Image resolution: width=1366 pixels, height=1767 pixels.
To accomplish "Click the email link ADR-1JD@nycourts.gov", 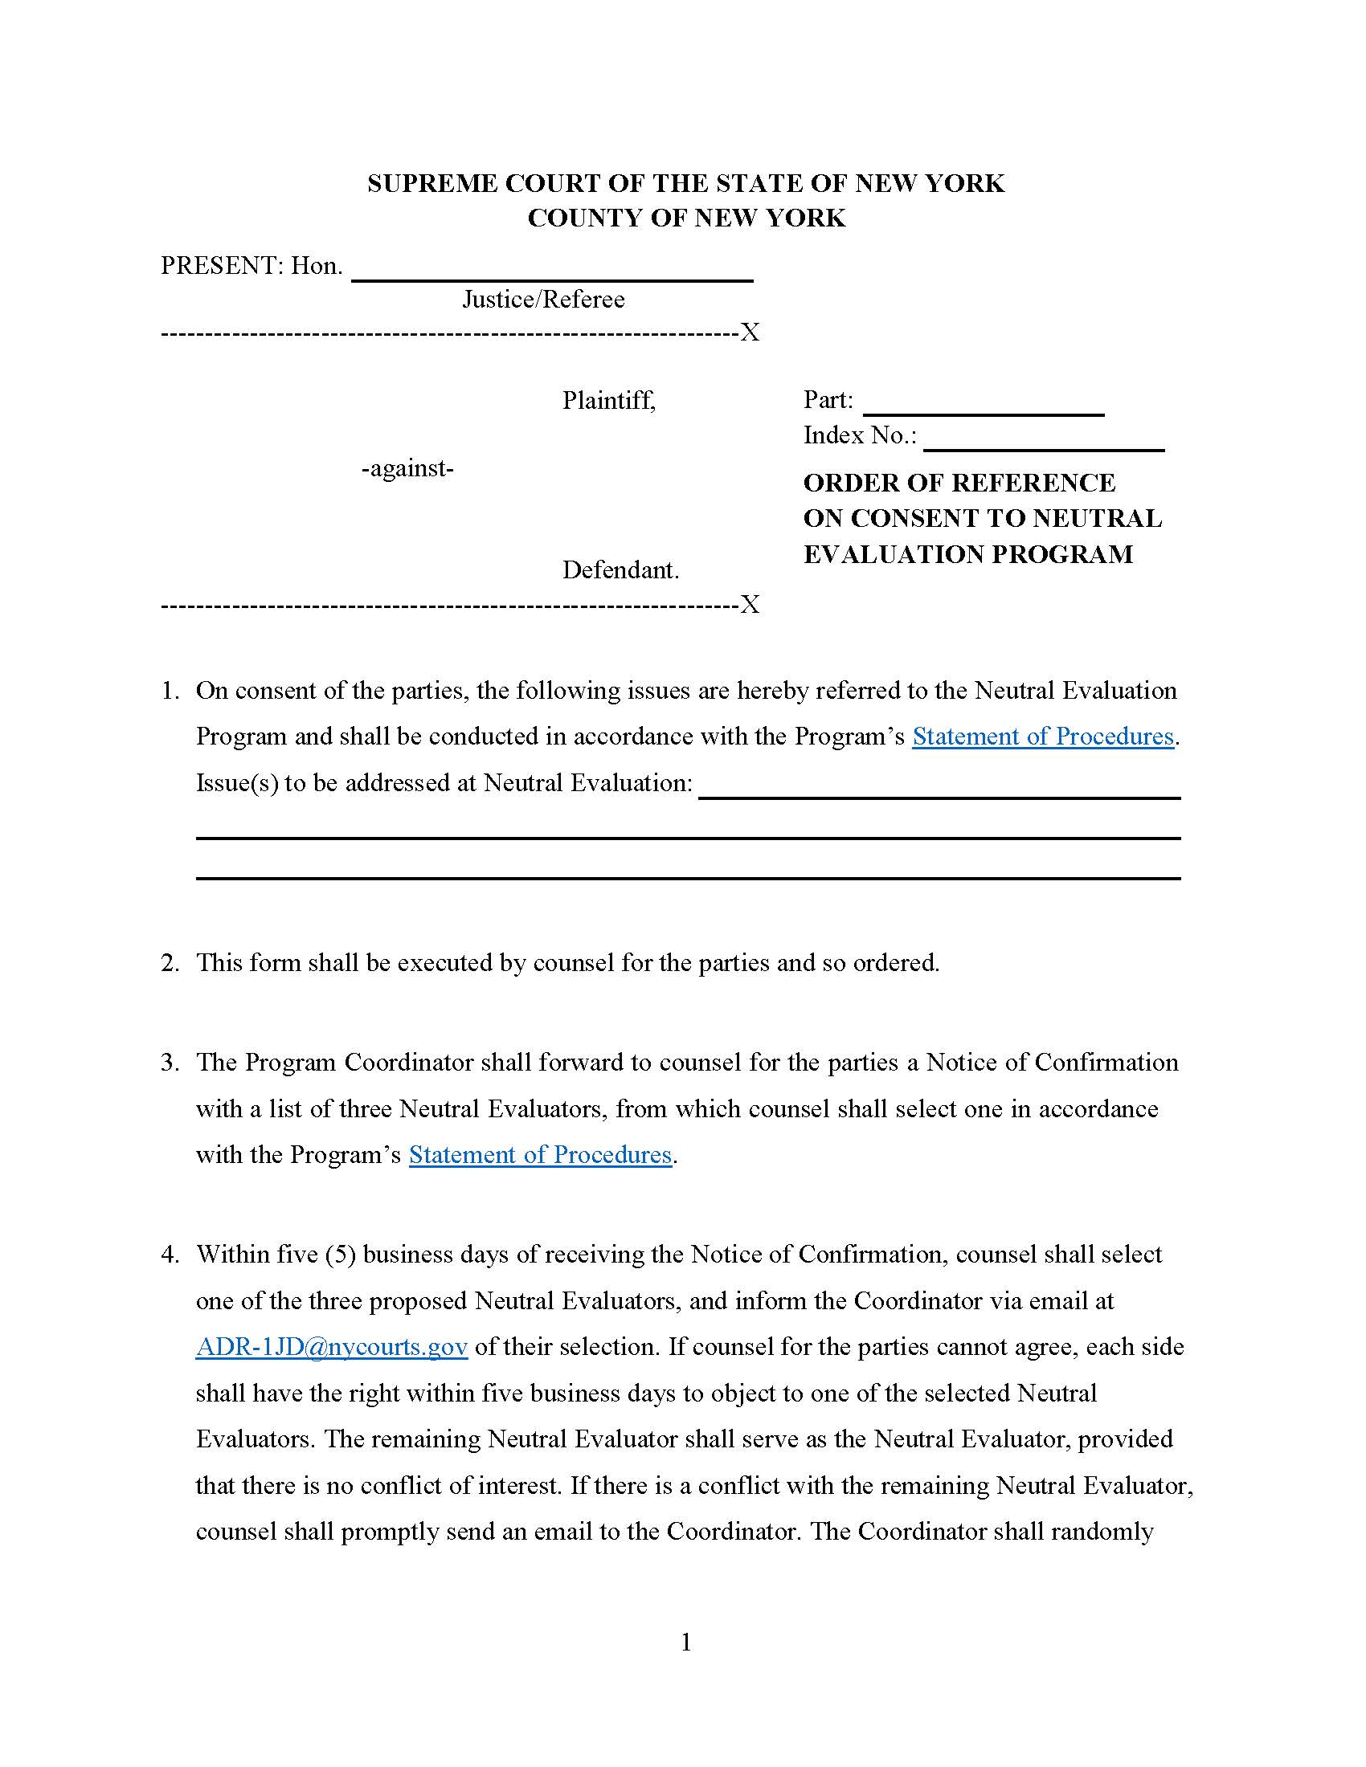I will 331,1346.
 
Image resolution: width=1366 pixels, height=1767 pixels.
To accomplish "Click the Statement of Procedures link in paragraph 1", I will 1042,736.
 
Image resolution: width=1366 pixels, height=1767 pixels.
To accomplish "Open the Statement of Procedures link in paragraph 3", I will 540,1153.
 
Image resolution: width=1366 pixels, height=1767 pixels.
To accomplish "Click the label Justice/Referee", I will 543,300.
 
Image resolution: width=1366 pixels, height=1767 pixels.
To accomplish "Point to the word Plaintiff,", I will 608,400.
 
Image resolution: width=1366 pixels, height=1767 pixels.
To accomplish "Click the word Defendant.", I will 620,569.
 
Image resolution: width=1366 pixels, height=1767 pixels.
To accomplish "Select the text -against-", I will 407,467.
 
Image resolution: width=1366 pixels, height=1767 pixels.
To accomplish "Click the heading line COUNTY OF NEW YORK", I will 686,218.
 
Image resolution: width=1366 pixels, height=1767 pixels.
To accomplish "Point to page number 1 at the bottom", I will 686,1642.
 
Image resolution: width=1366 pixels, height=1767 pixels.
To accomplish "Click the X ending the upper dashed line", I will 750,333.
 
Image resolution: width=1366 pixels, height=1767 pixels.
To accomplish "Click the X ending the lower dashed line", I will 750,604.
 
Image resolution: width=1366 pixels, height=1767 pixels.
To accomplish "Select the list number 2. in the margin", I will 170,962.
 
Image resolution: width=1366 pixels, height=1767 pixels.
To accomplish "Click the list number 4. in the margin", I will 170,1254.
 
